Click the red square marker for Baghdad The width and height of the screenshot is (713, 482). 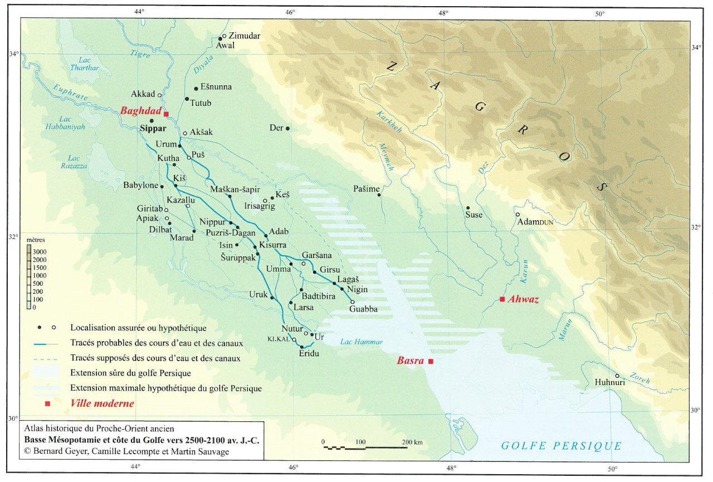(x=166, y=114)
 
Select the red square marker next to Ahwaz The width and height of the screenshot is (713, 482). (x=502, y=299)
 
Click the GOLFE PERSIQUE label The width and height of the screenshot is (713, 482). (x=561, y=445)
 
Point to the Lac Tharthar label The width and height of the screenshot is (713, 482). (x=84, y=64)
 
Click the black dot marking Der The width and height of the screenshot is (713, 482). (x=287, y=128)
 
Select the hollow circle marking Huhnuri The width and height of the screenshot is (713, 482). (x=617, y=376)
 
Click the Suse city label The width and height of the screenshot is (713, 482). (x=474, y=215)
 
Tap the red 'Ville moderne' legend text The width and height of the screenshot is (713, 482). (x=102, y=403)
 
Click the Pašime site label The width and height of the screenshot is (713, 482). (x=366, y=189)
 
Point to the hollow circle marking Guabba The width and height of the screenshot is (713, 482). (x=352, y=301)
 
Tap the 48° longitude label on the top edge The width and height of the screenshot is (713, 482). (x=443, y=12)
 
